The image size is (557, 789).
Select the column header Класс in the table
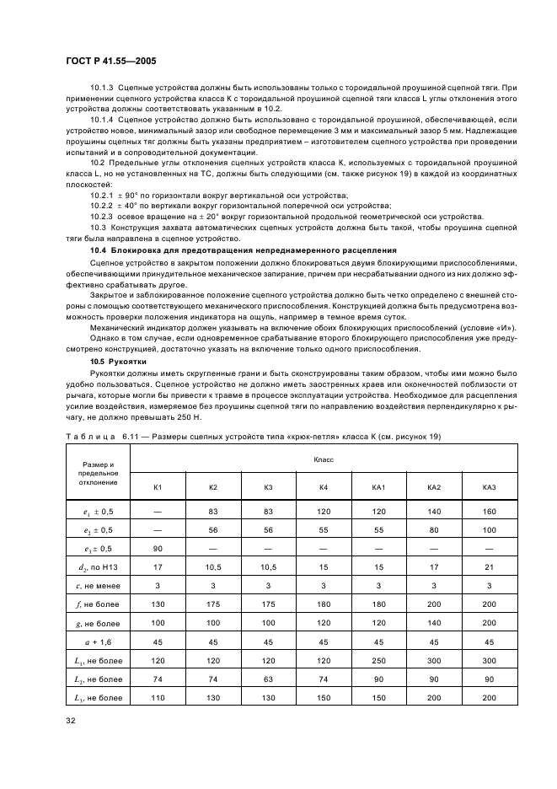coord(324,460)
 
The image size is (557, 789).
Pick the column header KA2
coord(434,487)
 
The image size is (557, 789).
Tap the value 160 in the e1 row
coord(490,511)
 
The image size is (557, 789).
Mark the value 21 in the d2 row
coord(490,566)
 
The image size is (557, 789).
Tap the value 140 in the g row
coord(434,622)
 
